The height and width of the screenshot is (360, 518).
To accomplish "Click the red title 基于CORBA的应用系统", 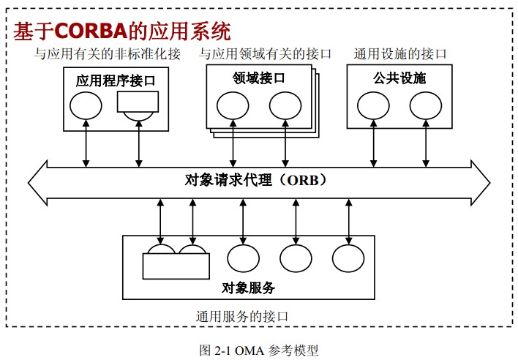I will click(121, 32).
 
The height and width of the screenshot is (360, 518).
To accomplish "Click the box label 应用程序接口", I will click(116, 80).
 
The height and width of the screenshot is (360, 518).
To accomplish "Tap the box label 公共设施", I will click(399, 78).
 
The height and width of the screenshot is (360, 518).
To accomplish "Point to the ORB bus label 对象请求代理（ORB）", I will click(255, 180).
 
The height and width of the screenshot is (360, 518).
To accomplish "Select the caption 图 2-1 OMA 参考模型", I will click(259, 350).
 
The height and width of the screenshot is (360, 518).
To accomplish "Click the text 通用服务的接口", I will click(242, 317).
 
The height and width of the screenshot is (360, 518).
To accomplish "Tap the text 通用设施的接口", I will click(399, 53).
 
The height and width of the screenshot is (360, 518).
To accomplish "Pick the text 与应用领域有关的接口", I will click(265, 53).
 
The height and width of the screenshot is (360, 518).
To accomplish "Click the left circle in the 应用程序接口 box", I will click(86, 108).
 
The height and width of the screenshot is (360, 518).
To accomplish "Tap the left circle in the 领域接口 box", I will click(233, 106).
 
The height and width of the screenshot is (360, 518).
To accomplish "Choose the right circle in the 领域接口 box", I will click(285, 106).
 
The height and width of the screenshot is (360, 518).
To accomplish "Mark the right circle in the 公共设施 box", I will click(424, 106).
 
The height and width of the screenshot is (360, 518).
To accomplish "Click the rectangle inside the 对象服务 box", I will click(176, 266).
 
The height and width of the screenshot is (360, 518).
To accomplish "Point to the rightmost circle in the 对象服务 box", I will click(348, 258).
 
